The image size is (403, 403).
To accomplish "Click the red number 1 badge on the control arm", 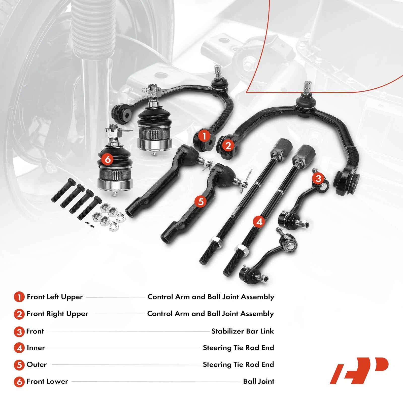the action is click(x=204, y=136).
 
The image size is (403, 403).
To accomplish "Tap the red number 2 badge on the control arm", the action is click(x=228, y=146).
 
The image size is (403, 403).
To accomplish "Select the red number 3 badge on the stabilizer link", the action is click(x=318, y=178).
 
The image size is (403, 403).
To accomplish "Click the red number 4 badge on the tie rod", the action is click(x=259, y=222).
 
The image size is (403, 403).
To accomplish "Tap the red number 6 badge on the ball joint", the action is click(x=108, y=159).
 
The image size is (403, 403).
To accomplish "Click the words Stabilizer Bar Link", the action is click(x=242, y=331).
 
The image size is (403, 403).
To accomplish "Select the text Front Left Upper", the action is click(x=55, y=297).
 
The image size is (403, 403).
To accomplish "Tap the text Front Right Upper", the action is click(x=57, y=314).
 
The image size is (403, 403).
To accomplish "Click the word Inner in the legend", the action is click(x=36, y=348).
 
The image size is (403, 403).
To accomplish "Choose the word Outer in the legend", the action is click(x=37, y=364).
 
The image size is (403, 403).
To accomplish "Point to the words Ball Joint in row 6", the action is click(x=259, y=381).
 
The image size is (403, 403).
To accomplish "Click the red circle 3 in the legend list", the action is click(x=19, y=332).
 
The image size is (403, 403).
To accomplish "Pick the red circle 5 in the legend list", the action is click(x=19, y=365).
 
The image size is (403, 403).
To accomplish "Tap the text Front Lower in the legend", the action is click(x=47, y=381).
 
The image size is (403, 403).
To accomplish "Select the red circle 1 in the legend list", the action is click(x=19, y=297).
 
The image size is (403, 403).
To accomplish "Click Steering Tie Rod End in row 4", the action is click(x=238, y=348).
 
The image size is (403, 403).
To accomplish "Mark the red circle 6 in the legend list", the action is click(x=19, y=382).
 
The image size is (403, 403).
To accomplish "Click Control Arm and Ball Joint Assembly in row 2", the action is click(x=211, y=314).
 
